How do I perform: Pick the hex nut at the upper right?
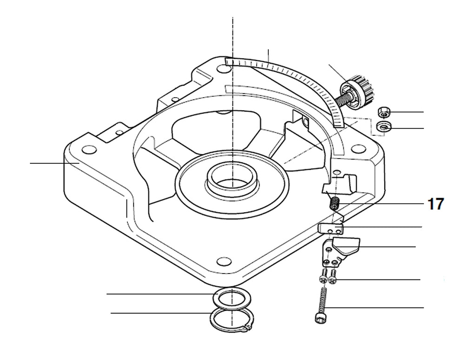(384, 112)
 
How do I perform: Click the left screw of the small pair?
(323, 278)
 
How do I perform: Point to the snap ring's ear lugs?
(246, 330)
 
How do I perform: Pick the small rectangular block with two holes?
(331, 229)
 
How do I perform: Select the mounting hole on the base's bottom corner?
(225, 260)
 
